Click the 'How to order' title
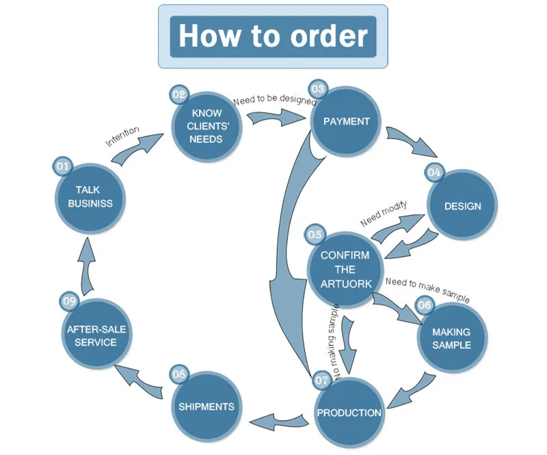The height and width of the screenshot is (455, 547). coord(273,36)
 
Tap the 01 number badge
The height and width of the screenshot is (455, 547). coord(63,166)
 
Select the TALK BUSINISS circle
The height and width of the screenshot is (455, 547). coord(90,198)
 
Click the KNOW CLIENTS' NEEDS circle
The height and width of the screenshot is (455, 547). coord(207,127)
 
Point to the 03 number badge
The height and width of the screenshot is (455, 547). coord(318,90)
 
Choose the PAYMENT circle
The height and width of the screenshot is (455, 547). coord(346,122)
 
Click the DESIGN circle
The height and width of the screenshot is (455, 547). coord(463,205)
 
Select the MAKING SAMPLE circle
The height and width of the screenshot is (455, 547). coord(452,338)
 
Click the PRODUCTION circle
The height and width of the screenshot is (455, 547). coord(349,413)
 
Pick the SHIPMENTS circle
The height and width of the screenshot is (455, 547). coord(207,406)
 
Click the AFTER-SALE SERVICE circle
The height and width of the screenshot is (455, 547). coord(96,334)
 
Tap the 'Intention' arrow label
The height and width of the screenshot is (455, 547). coord(122,136)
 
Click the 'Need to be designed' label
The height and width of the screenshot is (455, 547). coord(275,99)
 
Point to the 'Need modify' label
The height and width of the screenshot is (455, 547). coord(384,213)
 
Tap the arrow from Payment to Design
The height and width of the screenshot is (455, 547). coord(412,142)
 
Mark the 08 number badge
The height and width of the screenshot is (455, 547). coord(179,374)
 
